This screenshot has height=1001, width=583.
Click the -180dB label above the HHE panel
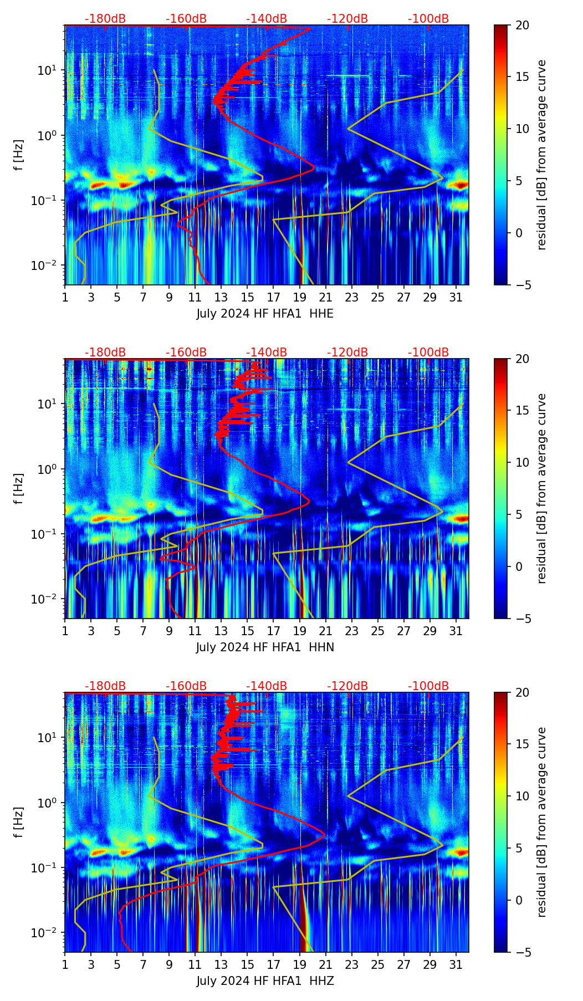[x=105, y=19]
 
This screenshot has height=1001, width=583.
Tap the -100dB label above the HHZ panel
[x=428, y=686]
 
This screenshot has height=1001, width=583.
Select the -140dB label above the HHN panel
[x=267, y=353]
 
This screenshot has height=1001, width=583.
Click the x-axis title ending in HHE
[x=265, y=314]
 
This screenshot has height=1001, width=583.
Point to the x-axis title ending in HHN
[x=265, y=647]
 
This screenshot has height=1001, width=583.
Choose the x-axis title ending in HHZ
[x=265, y=981]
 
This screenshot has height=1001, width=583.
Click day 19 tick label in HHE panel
[x=300, y=297]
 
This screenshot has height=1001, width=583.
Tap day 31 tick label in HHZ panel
[x=456, y=964]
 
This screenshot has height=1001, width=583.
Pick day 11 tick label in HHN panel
[x=195, y=631]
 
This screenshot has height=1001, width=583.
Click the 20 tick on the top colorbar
[x=522, y=25]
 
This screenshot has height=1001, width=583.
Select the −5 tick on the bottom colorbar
[x=521, y=952]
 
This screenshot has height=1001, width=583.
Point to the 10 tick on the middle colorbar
[x=522, y=462]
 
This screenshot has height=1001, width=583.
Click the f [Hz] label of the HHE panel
[x=19, y=155]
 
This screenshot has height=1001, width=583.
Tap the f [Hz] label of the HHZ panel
[x=19, y=823]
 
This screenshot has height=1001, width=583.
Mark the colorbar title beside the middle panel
[x=542, y=488]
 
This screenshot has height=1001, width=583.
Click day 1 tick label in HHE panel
[x=65, y=297]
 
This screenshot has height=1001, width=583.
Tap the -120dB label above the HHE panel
[x=347, y=19]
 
